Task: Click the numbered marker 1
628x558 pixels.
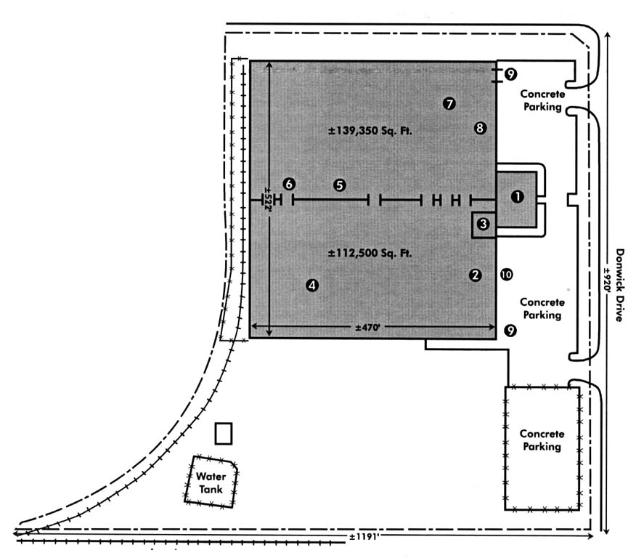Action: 517,197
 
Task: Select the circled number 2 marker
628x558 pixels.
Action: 475,275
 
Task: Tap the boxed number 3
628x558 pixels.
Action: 484,226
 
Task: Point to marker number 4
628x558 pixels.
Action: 312,286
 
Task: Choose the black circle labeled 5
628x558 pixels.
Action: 339,185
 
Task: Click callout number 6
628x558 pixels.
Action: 288,183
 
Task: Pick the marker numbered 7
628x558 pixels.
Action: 449,104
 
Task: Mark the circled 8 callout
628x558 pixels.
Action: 479,128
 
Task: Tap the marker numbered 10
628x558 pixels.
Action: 506,274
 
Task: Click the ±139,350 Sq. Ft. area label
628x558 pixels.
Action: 370,132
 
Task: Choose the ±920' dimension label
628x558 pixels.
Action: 607,288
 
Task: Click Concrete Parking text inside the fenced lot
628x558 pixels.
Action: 542,440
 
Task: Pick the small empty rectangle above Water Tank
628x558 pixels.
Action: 224,434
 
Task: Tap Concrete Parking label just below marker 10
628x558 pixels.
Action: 541,309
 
